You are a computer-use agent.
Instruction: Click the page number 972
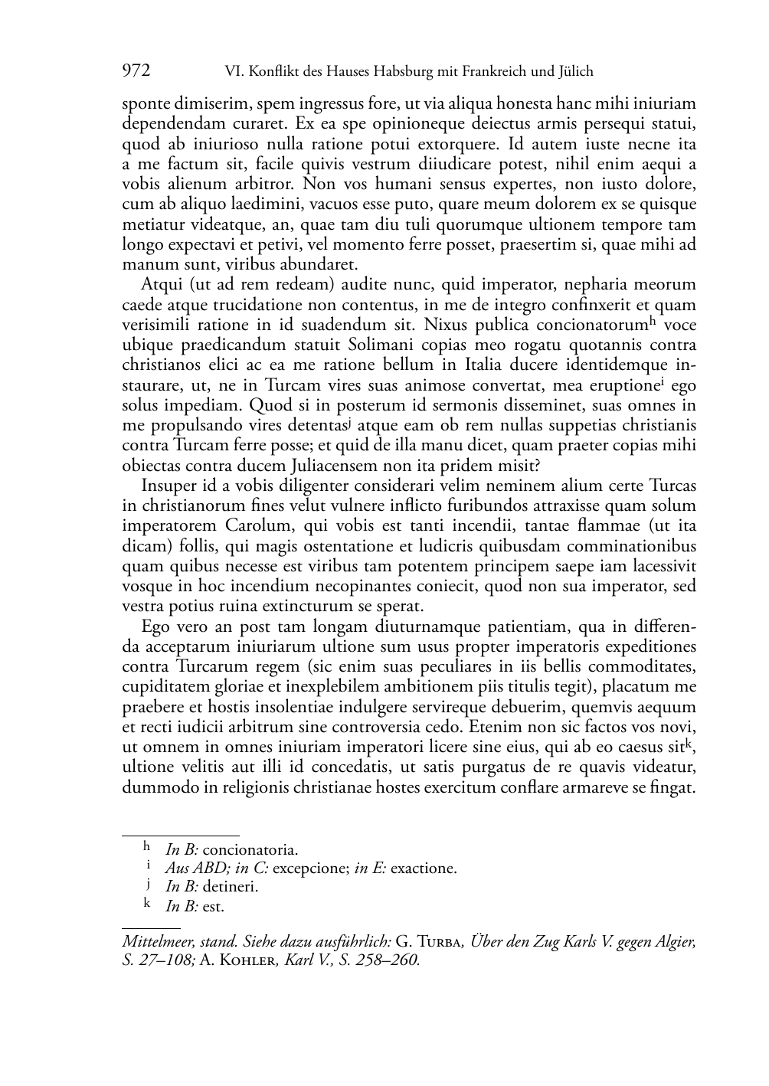click(x=136, y=71)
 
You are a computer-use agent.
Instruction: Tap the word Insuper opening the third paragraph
click(x=167, y=486)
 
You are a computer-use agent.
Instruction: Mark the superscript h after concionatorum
click(x=653, y=321)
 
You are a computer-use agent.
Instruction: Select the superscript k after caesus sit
click(x=689, y=741)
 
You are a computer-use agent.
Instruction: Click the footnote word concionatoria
click(x=250, y=849)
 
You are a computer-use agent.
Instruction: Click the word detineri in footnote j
click(x=230, y=887)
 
